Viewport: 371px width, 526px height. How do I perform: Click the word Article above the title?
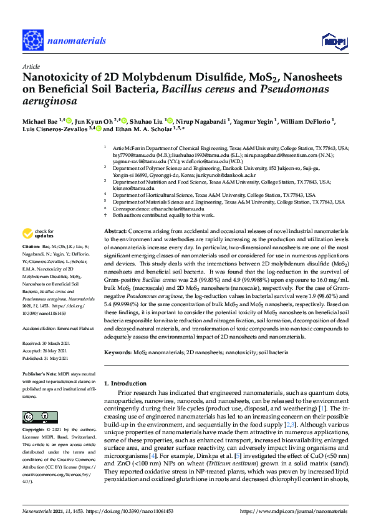tap(31, 66)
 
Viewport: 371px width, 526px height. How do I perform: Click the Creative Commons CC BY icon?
tap(36, 417)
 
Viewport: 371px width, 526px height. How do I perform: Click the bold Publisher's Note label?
tap(41, 374)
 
